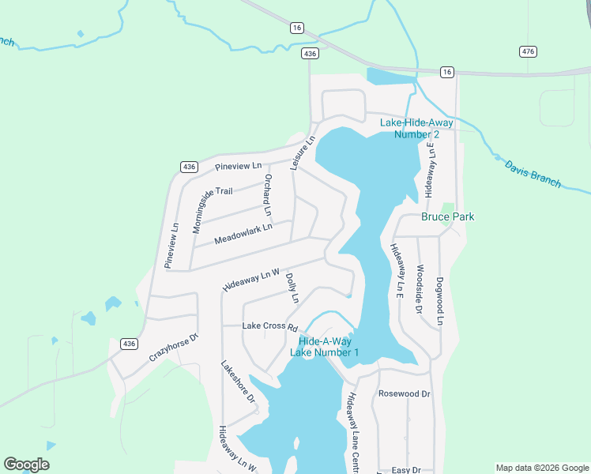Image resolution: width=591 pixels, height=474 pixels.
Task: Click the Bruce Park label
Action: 447,216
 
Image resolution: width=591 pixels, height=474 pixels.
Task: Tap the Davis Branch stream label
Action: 533,171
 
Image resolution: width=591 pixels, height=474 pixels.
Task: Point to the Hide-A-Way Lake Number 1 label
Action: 325,347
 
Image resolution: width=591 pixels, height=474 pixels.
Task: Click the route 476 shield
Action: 529,51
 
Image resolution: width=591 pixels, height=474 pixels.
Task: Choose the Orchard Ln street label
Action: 268,195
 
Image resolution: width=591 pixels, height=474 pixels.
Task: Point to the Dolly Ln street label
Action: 292,288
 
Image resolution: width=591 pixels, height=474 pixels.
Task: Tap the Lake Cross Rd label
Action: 269,326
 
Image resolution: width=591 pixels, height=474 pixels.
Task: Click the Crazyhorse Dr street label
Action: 173,347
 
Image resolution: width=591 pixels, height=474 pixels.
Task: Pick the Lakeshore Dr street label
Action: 239,382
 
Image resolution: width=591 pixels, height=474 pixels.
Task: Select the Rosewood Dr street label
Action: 404,393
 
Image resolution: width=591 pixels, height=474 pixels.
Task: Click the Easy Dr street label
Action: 406,470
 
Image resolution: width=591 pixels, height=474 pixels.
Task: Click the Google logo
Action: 26,465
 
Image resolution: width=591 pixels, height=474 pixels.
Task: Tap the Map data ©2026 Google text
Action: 541,468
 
